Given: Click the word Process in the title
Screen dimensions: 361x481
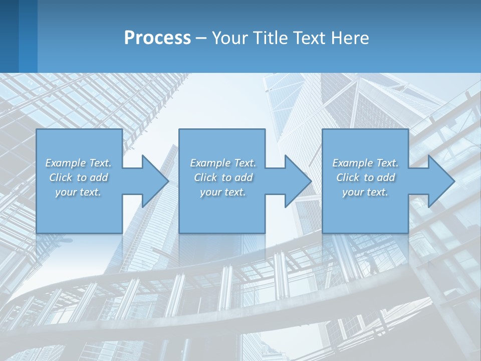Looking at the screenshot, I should click(x=157, y=38).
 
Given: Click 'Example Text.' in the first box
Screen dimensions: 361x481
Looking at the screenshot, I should click(x=79, y=163).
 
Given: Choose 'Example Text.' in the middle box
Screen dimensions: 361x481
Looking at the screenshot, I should click(x=223, y=163).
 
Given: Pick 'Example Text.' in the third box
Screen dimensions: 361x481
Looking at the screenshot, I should click(x=365, y=163).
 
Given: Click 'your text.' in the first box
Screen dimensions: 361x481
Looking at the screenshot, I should click(x=78, y=192).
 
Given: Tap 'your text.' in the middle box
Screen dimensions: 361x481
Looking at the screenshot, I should click(x=222, y=192).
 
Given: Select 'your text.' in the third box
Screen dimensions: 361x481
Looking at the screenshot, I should click(x=365, y=192).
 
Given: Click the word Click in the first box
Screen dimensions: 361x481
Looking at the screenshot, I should click(x=61, y=177).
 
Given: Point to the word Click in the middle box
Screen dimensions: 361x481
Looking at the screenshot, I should click(x=205, y=177).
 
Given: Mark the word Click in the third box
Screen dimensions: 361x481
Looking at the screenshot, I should click(x=348, y=177).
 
